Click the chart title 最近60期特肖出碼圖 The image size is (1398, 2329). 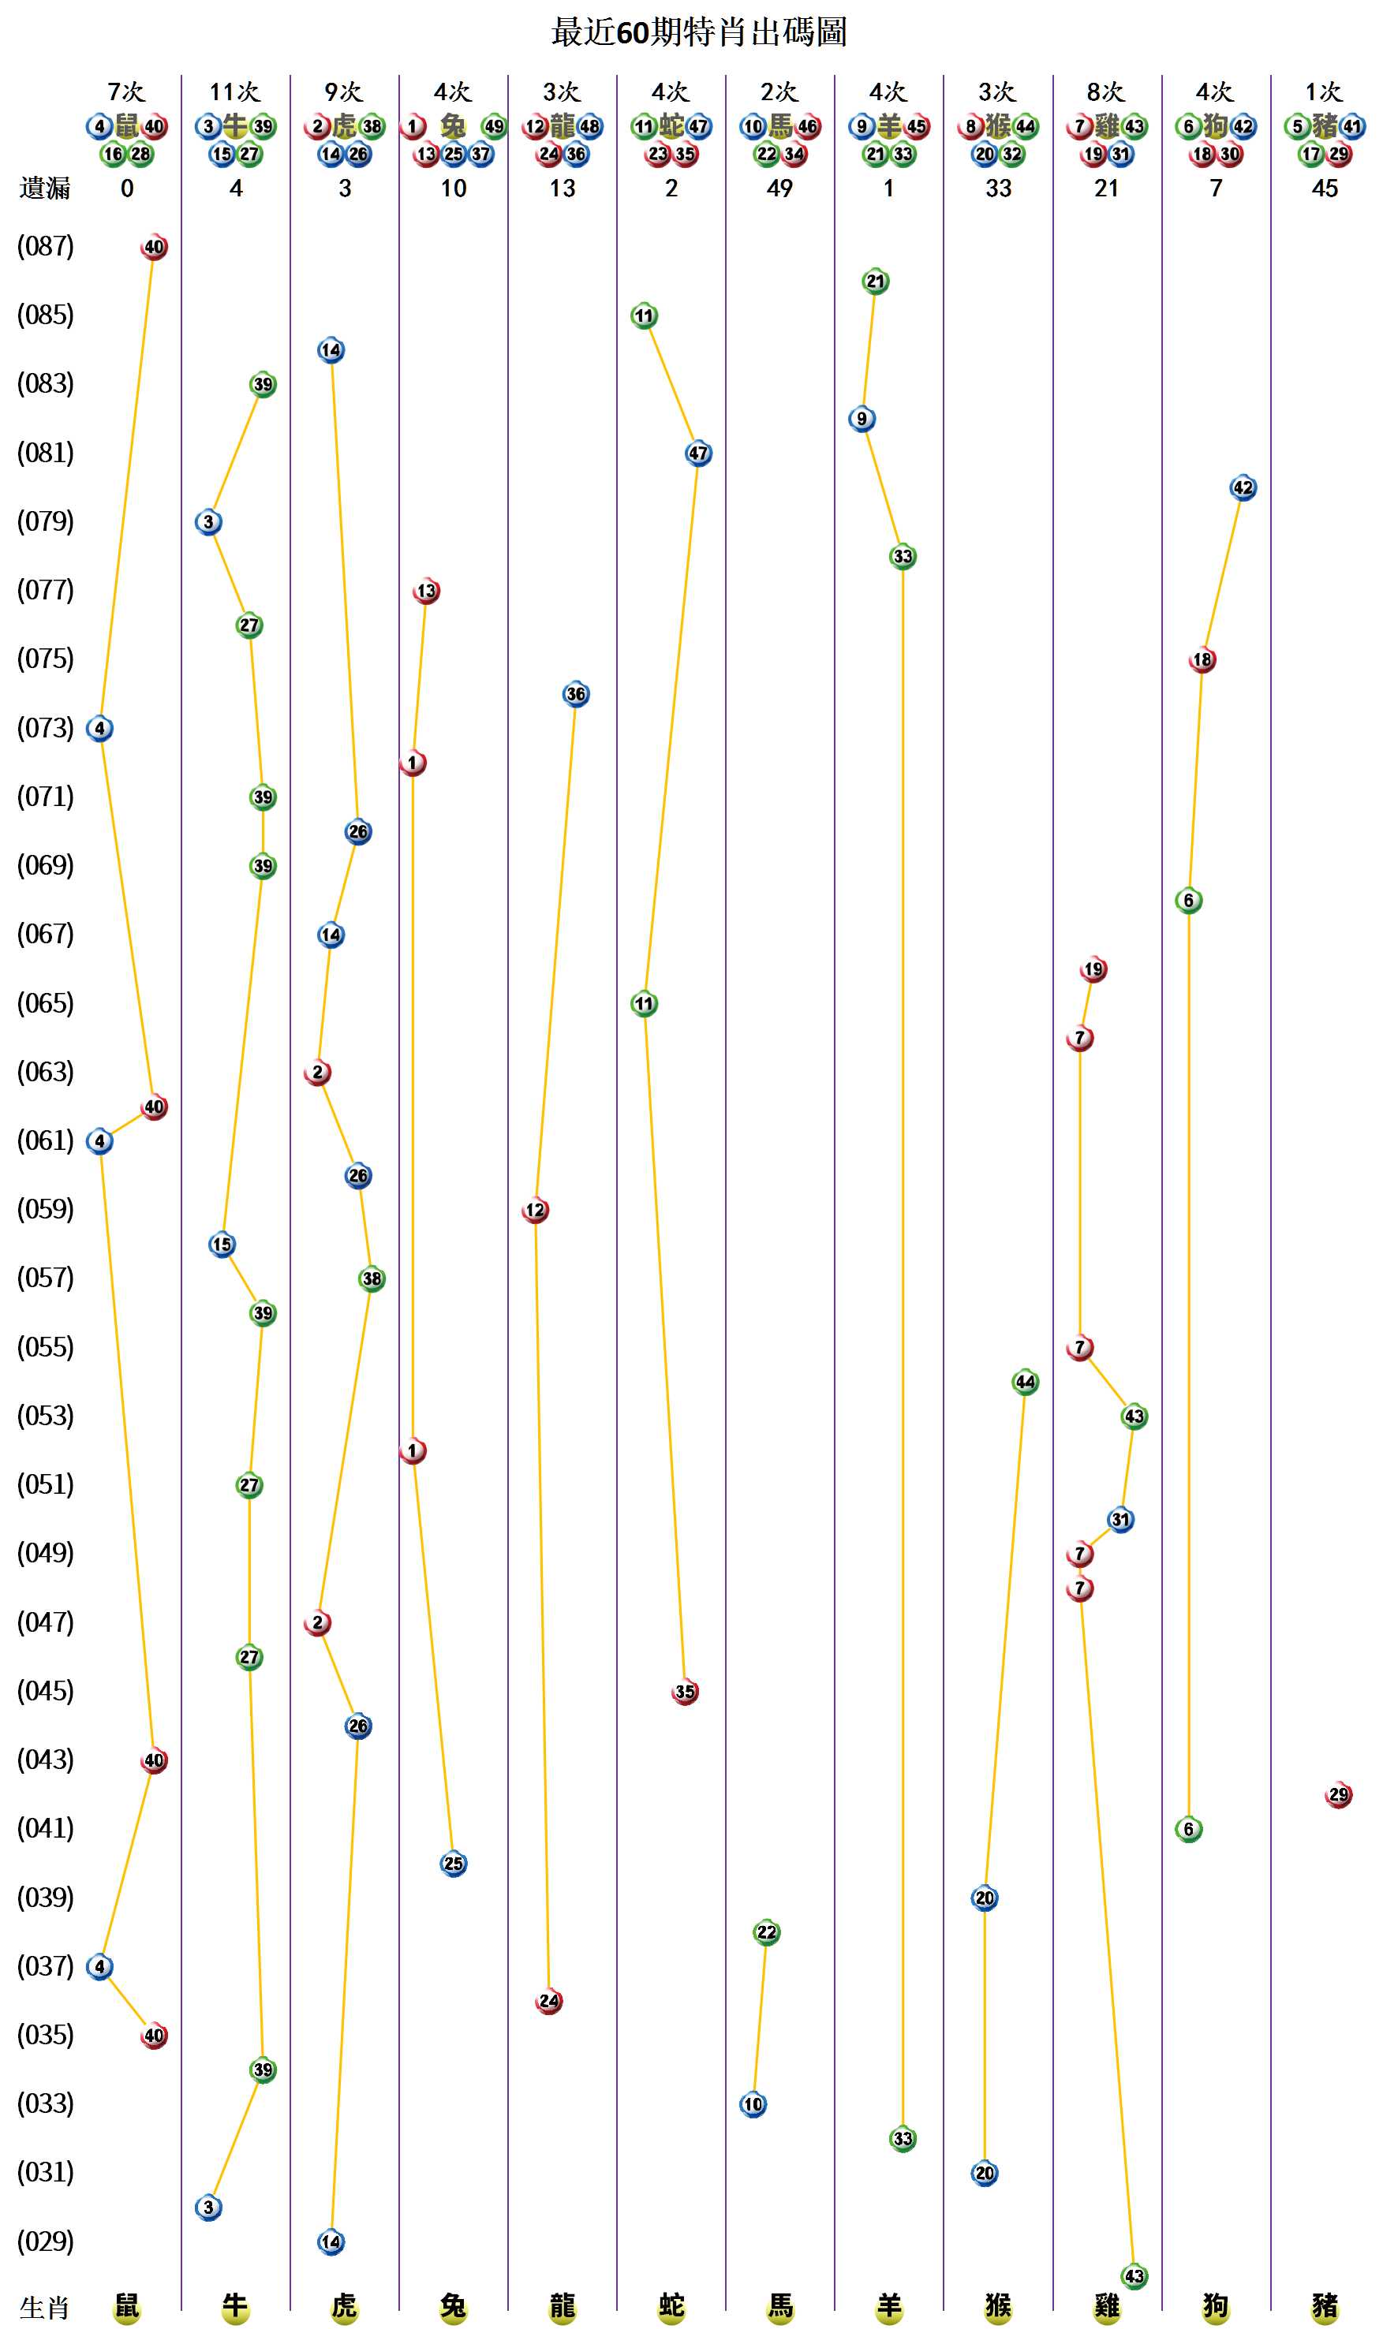pos(698,33)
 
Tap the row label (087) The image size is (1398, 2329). pos(45,247)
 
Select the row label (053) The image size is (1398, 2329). pos(45,1416)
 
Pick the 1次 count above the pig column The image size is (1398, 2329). pos(1324,92)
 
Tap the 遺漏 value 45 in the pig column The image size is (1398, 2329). pos(1325,188)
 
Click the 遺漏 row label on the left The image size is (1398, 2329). pos(44,188)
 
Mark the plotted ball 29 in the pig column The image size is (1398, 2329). pos(1338,1795)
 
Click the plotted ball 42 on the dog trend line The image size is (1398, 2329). pos(1243,488)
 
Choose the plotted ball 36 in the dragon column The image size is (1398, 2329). pos(576,694)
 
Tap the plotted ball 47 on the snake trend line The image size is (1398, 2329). pos(698,453)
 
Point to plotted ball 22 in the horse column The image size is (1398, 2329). pos(767,1932)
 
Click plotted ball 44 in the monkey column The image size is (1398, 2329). pos(1025,1382)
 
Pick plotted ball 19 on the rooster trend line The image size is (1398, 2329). pos(1093,969)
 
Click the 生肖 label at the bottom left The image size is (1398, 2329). pos(44,2308)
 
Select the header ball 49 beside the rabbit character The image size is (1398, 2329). pos(494,126)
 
